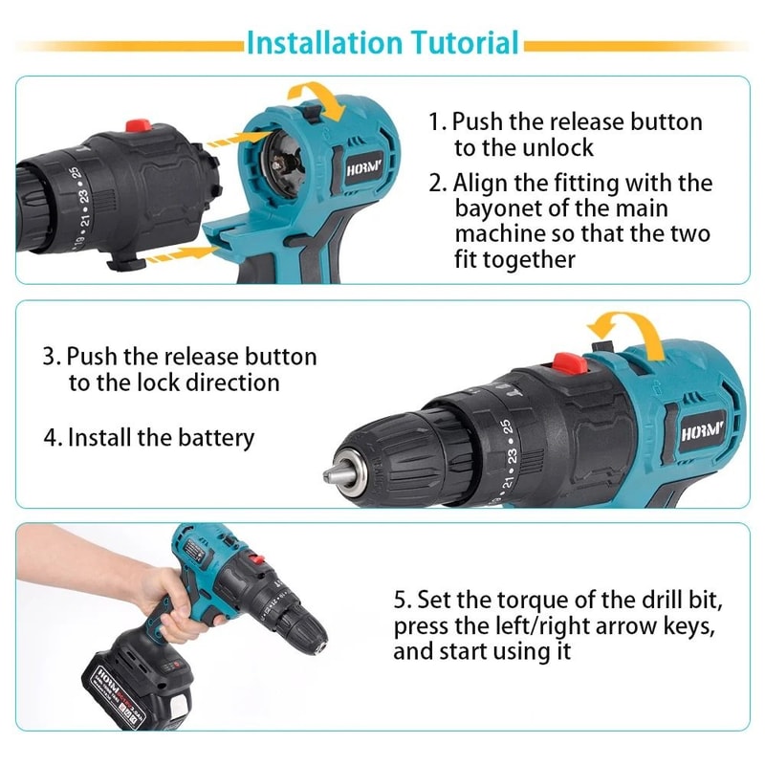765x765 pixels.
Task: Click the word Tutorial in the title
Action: point(465,43)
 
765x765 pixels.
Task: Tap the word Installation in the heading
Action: point(324,43)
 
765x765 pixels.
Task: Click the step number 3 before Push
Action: point(50,357)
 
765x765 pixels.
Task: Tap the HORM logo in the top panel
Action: point(363,177)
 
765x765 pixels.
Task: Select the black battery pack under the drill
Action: point(139,684)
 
